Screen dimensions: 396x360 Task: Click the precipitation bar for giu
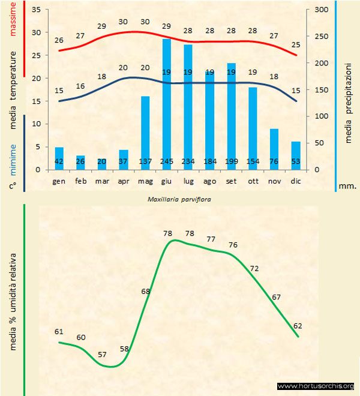(167, 102)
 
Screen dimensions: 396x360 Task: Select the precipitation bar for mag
(145, 132)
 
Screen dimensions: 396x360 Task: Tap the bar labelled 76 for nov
(274, 147)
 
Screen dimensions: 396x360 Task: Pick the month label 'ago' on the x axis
(210, 181)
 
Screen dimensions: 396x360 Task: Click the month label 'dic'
(295, 181)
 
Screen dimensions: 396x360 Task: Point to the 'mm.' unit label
(348, 186)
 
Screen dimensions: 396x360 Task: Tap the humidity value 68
(146, 292)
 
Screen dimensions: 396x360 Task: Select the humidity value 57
(102, 355)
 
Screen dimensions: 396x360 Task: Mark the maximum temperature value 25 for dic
(295, 45)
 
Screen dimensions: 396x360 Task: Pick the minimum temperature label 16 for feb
(81, 86)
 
